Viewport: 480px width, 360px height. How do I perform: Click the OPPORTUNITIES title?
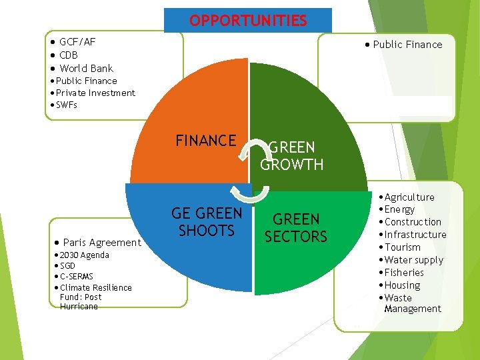pyautogui.click(x=248, y=21)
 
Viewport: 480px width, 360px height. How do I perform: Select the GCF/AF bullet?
pyautogui.click(x=77, y=42)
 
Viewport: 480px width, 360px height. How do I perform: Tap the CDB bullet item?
pyautogui.click(x=69, y=55)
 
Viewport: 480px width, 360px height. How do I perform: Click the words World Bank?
pyautogui.click(x=87, y=69)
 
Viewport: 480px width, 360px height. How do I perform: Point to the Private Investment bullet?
pyautogui.click(x=95, y=93)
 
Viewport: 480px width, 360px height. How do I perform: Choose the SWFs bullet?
pyautogui.click(x=67, y=105)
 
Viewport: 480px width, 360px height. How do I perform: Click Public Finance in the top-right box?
pyautogui.click(x=407, y=45)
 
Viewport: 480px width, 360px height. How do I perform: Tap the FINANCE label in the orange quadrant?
pyautogui.click(x=205, y=141)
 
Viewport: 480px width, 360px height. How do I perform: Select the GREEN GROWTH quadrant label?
pyautogui.click(x=292, y=155)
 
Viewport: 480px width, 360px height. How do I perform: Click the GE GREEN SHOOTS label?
pyautogui.click(x=207, y=222)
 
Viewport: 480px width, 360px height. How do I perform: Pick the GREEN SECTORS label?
pyautogui.click(x=296, y=228)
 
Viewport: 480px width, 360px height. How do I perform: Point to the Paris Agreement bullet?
pyautogui.click(x=101, y=243)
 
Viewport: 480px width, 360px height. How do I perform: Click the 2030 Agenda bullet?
pyautogui.click(x=84, y=255)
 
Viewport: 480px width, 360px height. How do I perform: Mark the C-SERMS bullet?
pyautogui.click(x=76, y=277)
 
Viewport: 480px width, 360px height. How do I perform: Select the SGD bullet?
pyautogui.click(x=68, y=266)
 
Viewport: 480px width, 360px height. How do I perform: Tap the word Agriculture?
pyautogui.click(x=409, y=197)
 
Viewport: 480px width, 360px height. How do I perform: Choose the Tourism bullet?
pyautogui.click(x=403, y=247)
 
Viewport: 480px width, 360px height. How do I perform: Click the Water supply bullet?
pyautogui.click(x=413, y=260)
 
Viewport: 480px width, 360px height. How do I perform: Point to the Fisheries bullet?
pyautogui.click(x=404, y=273)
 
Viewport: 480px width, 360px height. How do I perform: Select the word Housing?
pyautogui.click(x=403, y=285)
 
